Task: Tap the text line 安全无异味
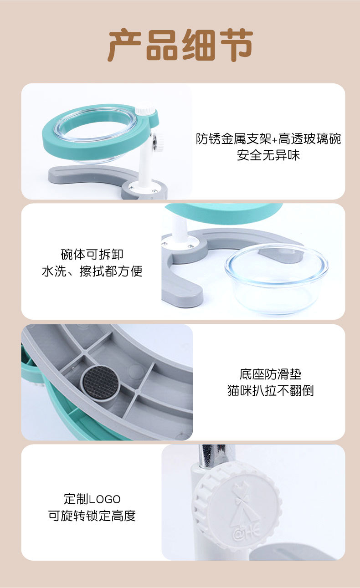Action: [268, 155]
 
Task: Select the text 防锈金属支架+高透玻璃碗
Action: [268, 138]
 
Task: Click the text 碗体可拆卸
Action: [92, 254]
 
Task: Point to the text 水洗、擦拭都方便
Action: [92, 271]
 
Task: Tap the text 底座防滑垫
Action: [271, 374]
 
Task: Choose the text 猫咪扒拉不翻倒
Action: [271, 390]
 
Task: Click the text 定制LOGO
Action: [92, 499]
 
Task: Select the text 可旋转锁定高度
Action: [92, 516]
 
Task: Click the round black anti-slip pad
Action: [100, 383]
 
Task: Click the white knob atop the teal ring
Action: [145, 110]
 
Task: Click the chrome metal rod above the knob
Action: [212, 456]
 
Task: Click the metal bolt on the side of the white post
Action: [155, 142]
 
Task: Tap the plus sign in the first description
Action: [274, 139]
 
